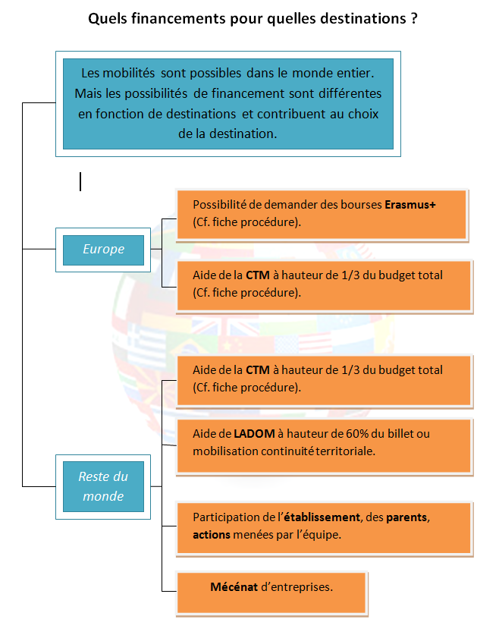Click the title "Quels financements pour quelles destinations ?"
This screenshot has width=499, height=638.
pyautogui.click(x=253, y=19)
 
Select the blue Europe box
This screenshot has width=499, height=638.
pyautogui.click(x=103, y=249)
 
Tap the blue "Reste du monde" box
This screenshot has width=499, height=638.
pyautogui.click(x=103, y=486)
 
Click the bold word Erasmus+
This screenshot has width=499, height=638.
pyautogui.click(x=410, y=205)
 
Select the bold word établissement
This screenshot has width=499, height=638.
pyautogui.click(x=322, y=517)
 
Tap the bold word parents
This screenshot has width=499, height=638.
pyautogui.click(x=408, y=517)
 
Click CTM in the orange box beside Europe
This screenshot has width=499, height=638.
pyautogui.click(x=257, y=275)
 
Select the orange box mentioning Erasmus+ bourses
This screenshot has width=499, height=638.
pyautogui.click(x=323, y=215)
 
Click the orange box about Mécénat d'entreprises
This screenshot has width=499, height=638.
pyautogui.click(x=271, y=592)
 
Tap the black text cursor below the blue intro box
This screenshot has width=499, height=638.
pyautogui.click(x=80, y=181)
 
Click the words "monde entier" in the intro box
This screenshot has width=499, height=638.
pyautogui.click(x=338, y=74)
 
